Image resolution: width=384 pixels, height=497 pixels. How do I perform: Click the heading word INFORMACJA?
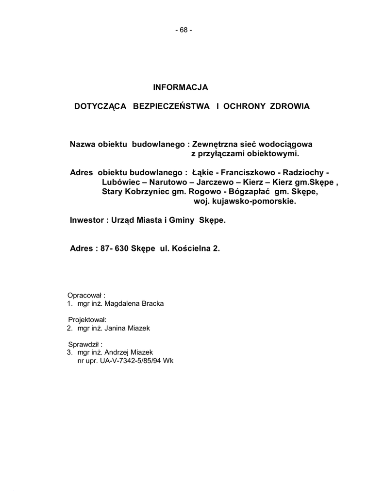[x=181, y=87]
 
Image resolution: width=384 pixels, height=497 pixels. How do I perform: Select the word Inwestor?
[x=86, y=220]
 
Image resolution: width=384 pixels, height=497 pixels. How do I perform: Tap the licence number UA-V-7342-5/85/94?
[x=131, y=361]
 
